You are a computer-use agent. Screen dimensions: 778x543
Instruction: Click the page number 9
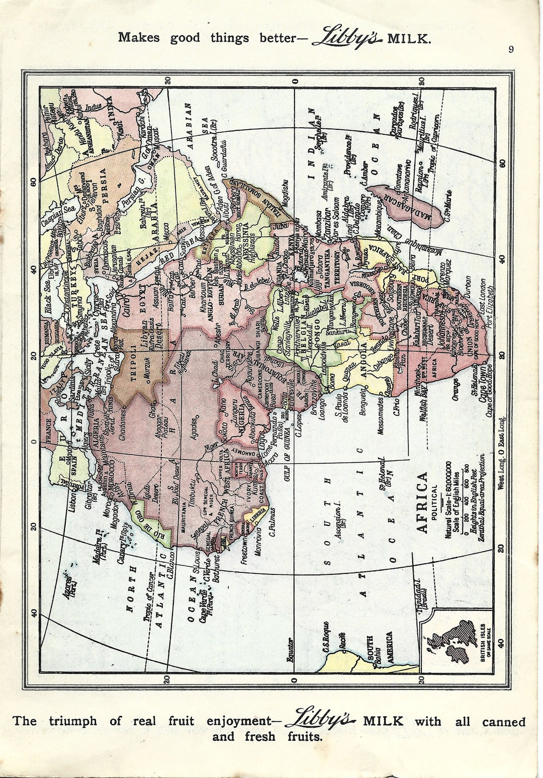511,49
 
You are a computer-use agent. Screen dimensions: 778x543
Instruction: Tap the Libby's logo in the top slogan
347,38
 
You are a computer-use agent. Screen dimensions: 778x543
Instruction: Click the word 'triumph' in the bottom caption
72,721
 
